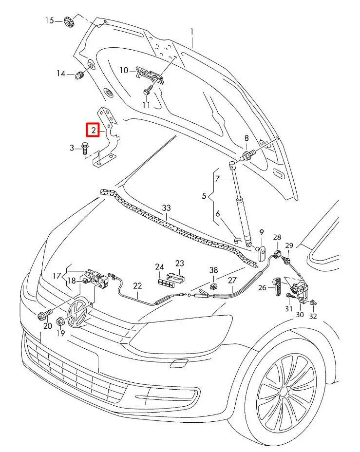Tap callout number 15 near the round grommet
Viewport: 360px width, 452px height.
click(x=50, y=20)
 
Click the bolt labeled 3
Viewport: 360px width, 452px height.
click(x=86, y=147)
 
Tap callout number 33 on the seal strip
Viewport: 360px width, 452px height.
click(x=167, y=208)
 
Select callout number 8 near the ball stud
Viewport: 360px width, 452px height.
click(x=246, y=138)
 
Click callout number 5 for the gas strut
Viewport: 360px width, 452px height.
click(x=205, y=196)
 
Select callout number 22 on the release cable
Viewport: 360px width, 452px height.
click(x=138, y=286)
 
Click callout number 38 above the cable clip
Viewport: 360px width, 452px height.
click(x=213, y=269)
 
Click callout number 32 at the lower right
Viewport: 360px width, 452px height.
click(x=313, y=316)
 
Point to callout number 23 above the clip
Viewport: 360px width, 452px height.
click(x=180, y=264)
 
